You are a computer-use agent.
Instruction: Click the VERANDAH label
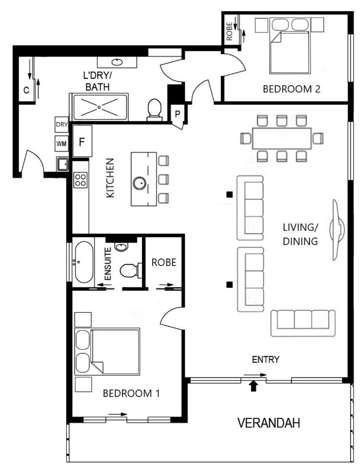(x=269, y=423)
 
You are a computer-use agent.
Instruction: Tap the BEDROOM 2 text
(x=291, y=89)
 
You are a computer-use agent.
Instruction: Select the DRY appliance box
(x=62, y=125)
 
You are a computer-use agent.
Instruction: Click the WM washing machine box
(x=62, y=144)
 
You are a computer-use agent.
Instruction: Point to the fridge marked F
(x=82, y=141)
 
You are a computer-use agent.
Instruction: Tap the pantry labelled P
(x=178, y=114)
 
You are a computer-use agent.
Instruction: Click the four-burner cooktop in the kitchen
(x=81, y=180)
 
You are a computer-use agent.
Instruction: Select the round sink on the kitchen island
(x=140, y=183)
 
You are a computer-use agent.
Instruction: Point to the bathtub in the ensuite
(x=84, y=262)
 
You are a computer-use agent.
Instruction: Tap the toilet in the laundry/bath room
(x=155, y=110)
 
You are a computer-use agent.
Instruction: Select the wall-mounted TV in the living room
(x=337, y=229)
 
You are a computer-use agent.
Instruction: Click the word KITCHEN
(x=110, y=178)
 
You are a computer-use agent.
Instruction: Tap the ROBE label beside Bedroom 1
(x=164, y=262)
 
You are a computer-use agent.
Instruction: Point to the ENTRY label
(x=266, y=359)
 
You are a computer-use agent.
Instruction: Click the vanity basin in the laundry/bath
(x=117, y=62)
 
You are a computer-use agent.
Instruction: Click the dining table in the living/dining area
(x=282, y=138)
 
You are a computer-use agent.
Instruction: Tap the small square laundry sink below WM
(x=63, y=164)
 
